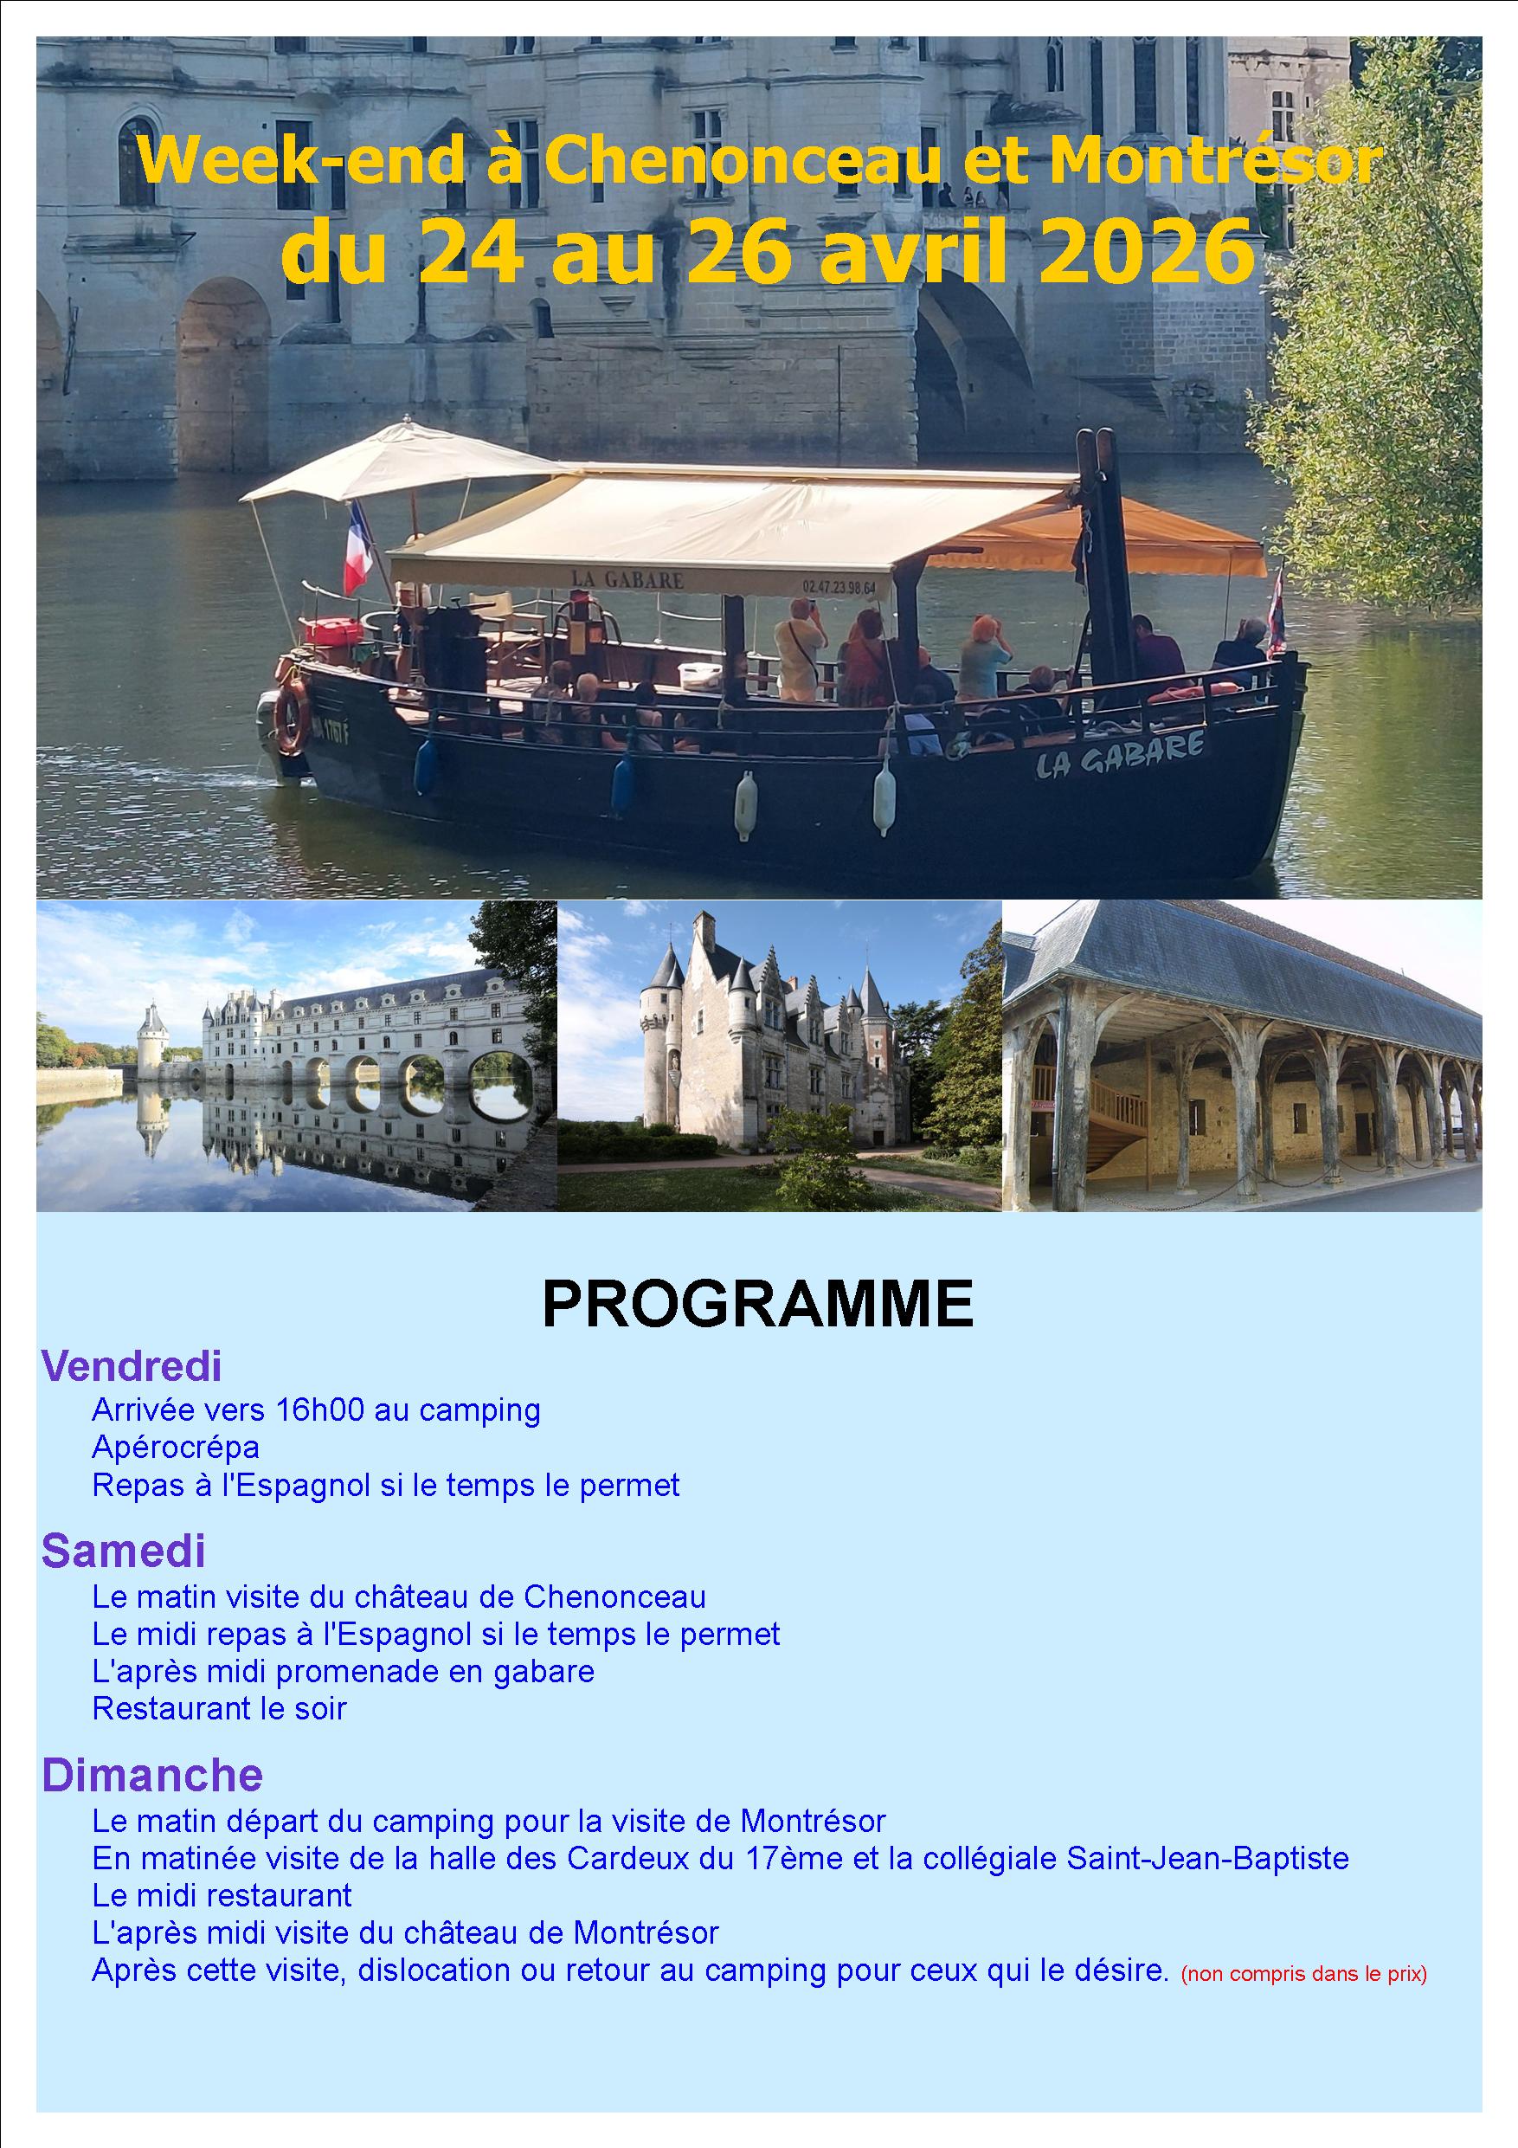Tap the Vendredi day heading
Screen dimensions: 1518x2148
[x=132, y=1367]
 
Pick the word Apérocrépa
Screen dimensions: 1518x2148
[x=176, y=1448]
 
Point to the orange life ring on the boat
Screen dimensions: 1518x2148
[x=292, y=717]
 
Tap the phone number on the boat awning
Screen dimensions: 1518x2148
[x=839, y=587]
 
